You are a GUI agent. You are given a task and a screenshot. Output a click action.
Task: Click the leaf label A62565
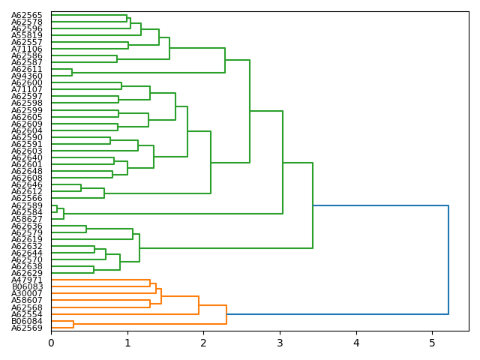click(27, 15)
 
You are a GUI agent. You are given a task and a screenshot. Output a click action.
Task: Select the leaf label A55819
click(27, 35)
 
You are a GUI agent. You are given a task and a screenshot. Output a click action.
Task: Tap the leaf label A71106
click(27, 49)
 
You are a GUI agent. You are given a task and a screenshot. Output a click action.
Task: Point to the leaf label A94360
click(27, 76)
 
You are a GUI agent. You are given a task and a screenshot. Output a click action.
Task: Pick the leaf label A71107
click(27, 89)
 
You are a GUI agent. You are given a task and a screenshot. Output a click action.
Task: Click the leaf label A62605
click(27, 117)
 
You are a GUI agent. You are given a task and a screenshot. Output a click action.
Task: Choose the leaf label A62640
click(27, 157)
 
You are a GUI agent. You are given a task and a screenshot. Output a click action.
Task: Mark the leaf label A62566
click(27, 198)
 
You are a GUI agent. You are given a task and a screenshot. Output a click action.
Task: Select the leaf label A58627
click(27, 219)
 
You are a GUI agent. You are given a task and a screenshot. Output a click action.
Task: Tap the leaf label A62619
click(27, 239)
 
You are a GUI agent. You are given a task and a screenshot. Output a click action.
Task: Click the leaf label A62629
click(27, 273)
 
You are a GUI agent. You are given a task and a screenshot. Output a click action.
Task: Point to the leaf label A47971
click(27, 280)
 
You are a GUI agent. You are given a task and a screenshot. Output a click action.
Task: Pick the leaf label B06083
click(27, 286)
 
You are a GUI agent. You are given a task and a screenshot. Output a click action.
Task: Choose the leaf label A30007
click(27, 293)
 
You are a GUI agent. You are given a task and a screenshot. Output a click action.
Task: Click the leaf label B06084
click(27, 321)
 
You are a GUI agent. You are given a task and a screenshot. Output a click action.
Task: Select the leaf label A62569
click(27, 328)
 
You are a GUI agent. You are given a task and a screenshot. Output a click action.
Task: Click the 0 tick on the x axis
click(51, 343)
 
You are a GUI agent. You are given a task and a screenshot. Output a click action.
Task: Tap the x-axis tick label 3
click(280, 343)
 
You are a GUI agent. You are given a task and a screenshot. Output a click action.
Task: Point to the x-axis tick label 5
click(432, 343)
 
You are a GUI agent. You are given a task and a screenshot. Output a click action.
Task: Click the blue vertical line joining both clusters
click(448, 259)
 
